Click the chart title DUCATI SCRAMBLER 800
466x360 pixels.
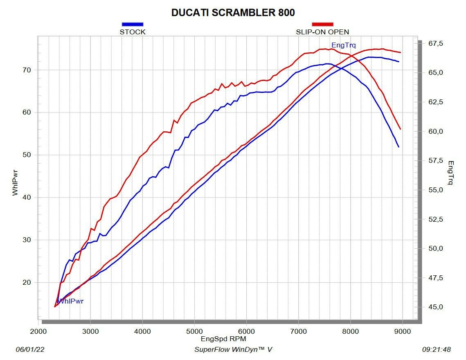point(233,13)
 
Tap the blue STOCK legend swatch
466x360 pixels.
point(133,24)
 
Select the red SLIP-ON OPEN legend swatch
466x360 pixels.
point(322,24)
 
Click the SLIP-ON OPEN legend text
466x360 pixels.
point(322,32)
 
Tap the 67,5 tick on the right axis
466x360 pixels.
point(435,44)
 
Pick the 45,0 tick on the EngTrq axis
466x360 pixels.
point(435,307)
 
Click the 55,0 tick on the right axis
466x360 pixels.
point(435,190)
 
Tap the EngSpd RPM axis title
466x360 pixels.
point(223,339)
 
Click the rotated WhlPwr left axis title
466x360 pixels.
point(15,183)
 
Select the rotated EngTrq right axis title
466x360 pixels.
point(451,172)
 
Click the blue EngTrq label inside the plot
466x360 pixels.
point(343,45)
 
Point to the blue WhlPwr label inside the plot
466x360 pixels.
point(70,301)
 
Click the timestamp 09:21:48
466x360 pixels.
point(436,350)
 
